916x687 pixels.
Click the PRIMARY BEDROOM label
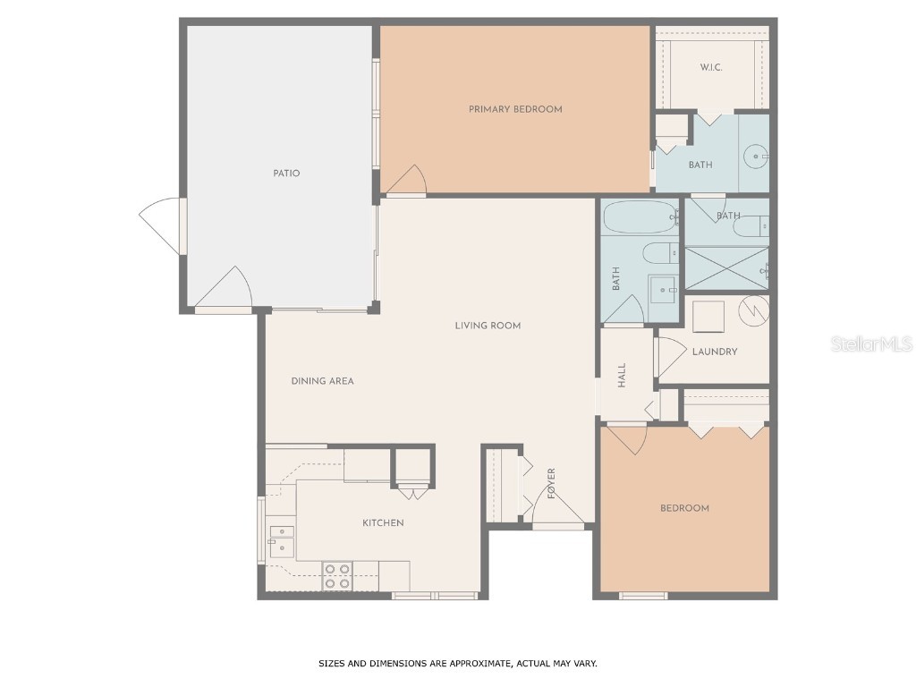(515, 109)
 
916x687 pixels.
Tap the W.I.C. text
(711, 68)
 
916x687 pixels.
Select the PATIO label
(286, 174)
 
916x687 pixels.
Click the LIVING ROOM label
(488, 326)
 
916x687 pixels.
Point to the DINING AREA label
(322, 381)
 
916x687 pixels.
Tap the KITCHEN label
(383, 523)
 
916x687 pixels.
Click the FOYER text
(552, 483)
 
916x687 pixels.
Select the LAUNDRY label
(715, 352)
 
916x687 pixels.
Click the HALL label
(622, 375)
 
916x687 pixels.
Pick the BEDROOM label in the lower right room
(684, 508)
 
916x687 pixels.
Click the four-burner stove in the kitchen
(337, 575)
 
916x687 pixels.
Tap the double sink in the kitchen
(282, 540)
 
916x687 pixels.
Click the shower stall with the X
(725, 267)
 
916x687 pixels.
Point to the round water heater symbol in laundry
(751, 310)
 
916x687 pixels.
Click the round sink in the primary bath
(757, 157)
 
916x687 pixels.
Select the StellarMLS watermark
(871, 344)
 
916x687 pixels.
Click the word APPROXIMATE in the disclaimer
(483, 664)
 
